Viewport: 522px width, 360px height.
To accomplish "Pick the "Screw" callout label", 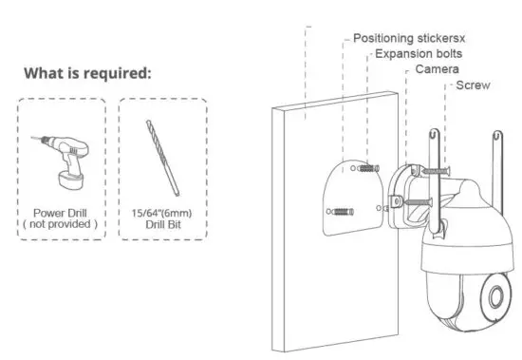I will [x=474, y=86].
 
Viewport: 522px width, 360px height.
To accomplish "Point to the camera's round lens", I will [x=495, y=295].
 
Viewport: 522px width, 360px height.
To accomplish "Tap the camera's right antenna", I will [x=494, y=152].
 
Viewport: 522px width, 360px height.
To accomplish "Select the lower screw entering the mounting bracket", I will [x=419, y=201].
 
